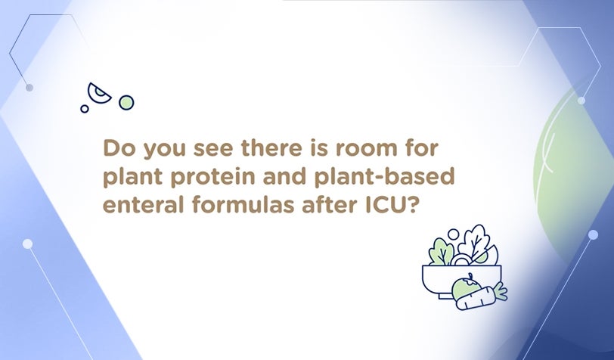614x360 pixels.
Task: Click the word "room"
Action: (366, 150)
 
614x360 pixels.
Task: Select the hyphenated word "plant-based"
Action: (384, 177)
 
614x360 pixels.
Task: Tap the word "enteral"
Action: (143, 204)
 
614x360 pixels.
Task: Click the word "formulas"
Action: (243, 204)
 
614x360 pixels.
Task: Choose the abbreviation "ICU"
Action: (384, 205)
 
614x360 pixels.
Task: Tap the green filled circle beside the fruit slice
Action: (126, 103)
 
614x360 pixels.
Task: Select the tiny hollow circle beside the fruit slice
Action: (84, 108)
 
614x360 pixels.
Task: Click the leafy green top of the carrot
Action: (500, 291)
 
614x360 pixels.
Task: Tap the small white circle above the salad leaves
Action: (453, 234)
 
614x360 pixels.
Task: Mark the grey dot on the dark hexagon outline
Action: (29, 88)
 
